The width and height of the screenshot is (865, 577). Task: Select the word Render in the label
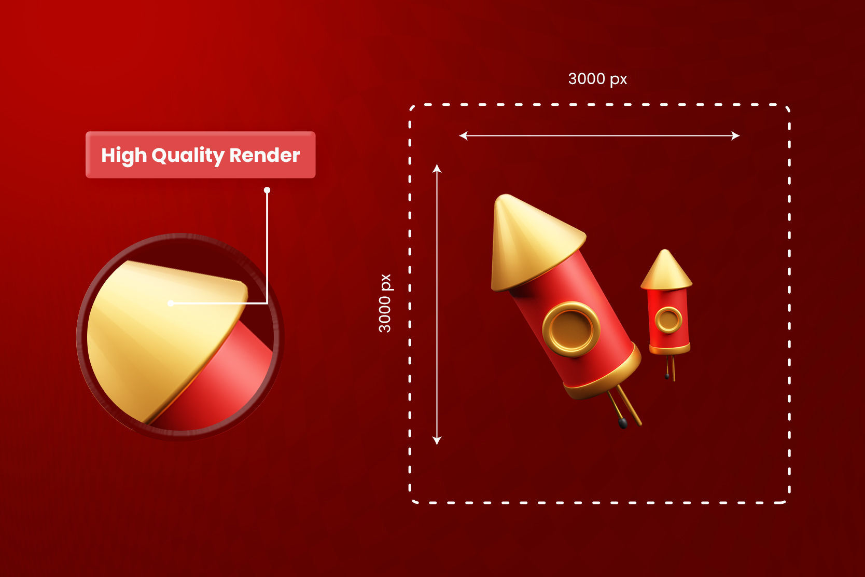[x=264, y=155]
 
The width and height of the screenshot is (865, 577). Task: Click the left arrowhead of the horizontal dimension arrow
[x=463, y=136]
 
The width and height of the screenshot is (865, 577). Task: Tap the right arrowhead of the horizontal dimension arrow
[x=736, y=136]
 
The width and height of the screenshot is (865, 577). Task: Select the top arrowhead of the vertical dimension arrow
[x=437, y=168]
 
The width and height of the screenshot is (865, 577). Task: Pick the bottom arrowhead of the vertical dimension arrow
[x=437, y=441]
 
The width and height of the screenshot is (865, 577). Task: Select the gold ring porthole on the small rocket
[x=668, y=320]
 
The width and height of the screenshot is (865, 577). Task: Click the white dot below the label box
[x=267, y=190]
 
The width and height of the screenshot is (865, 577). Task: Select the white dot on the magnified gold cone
[x=171, y=303]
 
